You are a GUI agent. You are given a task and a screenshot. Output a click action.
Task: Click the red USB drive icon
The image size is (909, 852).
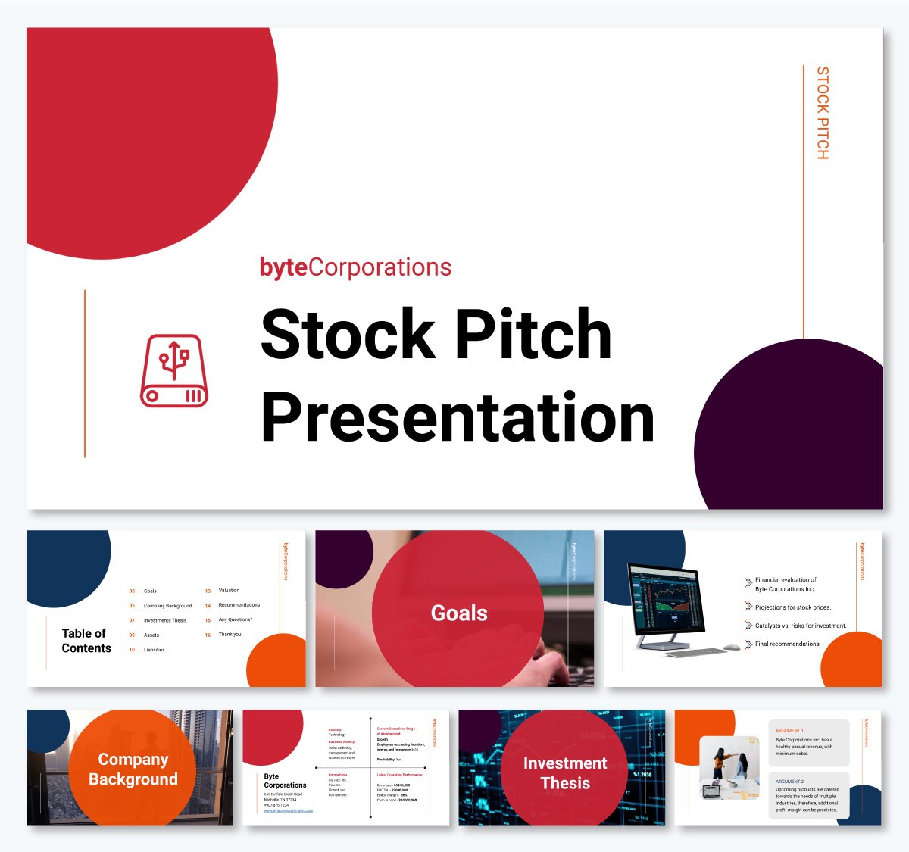point(174,371)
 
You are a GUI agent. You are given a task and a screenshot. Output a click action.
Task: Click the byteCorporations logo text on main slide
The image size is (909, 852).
point(355,267)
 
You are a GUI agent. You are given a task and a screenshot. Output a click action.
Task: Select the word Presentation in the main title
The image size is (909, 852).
point(457,417)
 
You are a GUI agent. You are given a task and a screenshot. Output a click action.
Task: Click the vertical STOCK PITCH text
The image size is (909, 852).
point(823,113)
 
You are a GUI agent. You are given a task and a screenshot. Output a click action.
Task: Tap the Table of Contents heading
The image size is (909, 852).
point(86,641)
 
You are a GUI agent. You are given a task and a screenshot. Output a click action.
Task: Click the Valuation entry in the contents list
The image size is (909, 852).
point(229,591)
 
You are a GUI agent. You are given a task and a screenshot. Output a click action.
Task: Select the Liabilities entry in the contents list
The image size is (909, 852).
point(154,650)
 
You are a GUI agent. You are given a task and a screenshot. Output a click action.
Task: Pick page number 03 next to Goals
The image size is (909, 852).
point(132,591)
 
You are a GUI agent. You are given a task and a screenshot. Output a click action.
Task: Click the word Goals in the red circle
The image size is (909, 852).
point(459,613)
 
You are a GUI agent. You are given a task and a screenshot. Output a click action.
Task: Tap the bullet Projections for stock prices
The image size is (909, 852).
point(792,607)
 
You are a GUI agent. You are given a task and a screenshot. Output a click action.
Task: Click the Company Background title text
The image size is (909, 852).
point(133,769)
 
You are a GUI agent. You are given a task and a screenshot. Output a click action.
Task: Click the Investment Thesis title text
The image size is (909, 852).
point(565,773)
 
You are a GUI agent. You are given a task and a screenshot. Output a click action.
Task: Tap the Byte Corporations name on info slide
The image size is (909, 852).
point(285,781)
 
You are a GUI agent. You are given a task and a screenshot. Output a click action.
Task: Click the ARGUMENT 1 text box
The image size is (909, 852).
point(808,742)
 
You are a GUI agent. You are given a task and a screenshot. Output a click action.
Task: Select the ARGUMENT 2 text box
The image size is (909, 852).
point(808,795)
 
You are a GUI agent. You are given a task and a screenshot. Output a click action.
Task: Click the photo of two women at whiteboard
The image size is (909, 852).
point(729,768)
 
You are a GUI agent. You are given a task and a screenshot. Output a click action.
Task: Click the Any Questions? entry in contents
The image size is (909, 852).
point(235,620)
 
